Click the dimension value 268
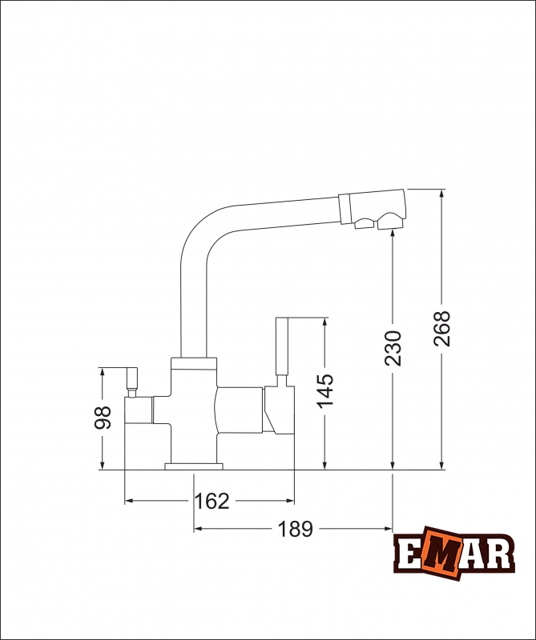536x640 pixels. (442, 328)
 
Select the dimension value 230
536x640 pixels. (393, 348)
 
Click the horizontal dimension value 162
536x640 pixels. (212, 502)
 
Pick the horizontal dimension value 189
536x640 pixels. (295, 529)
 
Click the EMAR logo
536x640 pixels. (453, 554)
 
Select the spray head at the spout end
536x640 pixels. (373, 210)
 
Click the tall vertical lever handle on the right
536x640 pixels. (281, 348)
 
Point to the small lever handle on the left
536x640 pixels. (131, 380)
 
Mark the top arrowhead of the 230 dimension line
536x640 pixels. (393, 234)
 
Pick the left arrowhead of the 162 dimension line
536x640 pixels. (128, 502)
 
